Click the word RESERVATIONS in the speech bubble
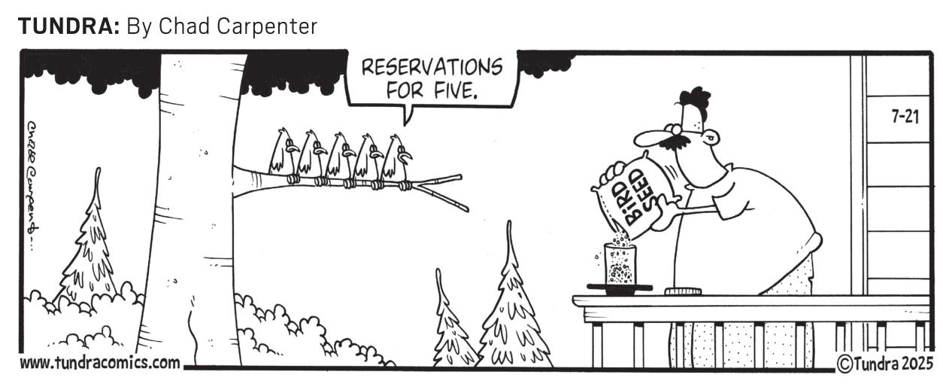pos(432,67)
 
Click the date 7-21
pos(905,117)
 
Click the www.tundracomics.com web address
pos(100,363)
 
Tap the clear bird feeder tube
pos(620,264)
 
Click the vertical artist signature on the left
pos(33,185)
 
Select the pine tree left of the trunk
pos(89,240)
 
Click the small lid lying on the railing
pos(683,291)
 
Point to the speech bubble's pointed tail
pos(407,116)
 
